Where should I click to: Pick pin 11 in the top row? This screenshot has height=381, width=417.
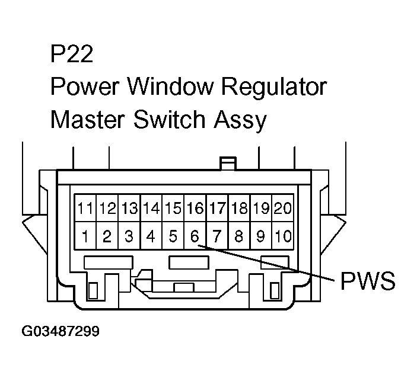85,209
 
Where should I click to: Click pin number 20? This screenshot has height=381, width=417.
283,209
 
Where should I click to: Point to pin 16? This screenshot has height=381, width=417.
195,209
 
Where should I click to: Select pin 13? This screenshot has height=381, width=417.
129,209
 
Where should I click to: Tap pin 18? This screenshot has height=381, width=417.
238,209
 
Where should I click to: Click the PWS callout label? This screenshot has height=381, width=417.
368,281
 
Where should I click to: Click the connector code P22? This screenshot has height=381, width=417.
72,55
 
